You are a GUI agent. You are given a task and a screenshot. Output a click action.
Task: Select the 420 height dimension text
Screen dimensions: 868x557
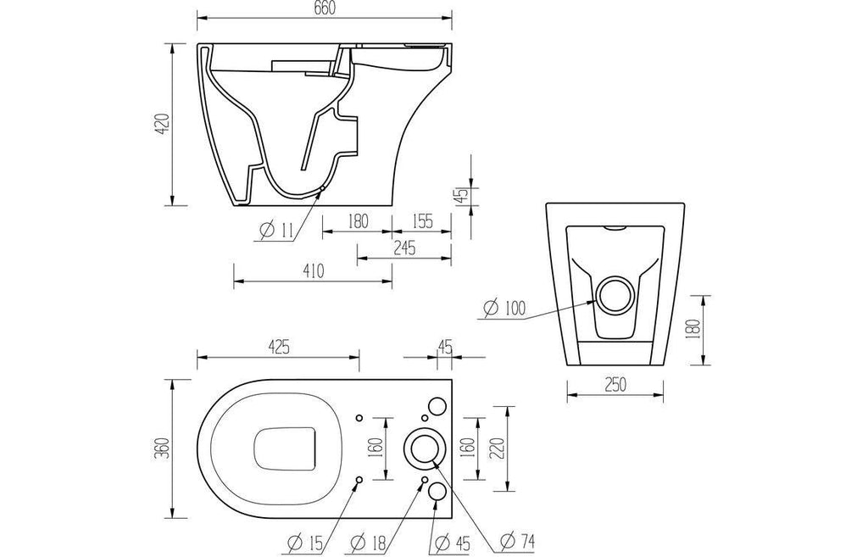point(163,125)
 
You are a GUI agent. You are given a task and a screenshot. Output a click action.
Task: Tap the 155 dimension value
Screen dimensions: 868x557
point(422,221)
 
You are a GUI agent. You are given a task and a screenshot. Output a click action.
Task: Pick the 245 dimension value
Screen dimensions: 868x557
point(404,248)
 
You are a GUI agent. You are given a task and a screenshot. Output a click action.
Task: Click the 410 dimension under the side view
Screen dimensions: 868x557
point(314,270)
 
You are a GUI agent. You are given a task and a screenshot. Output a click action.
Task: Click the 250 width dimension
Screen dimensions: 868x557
point(615,384)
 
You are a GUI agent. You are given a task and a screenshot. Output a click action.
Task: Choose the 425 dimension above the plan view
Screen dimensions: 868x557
point(279,347)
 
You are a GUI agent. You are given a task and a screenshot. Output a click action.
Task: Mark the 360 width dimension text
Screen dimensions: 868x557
point(163,448)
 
